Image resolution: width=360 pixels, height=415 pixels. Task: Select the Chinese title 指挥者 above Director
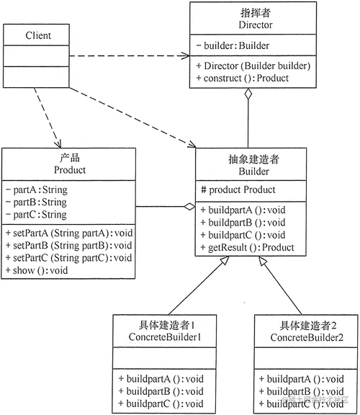[252, 12]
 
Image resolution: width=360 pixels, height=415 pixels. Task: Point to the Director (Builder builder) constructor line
[253, 66]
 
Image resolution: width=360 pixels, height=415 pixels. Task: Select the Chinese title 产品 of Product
[70, 159]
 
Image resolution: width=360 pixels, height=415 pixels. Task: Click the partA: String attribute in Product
[35, 190]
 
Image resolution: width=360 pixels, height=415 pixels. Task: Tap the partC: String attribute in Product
[35, 214]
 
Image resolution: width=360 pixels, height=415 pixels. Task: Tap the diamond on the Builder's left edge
[189, 207]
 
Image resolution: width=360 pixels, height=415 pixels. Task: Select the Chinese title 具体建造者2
[307, 325]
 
